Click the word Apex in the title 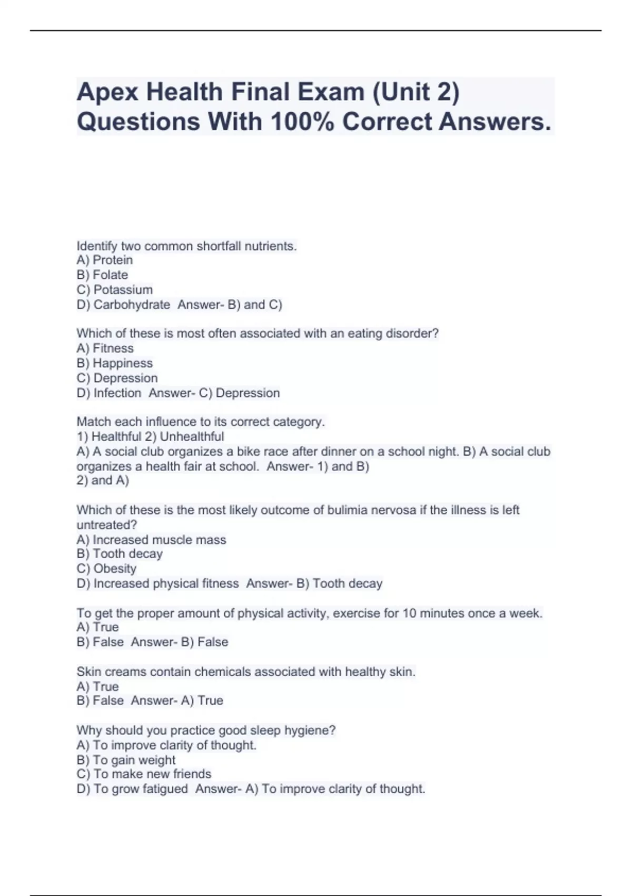[107, 93]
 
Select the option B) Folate [102, 275]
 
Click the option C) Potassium [114, 289]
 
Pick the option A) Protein [104, 260]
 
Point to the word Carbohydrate [132, 304]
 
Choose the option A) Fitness [105, 348]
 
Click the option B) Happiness [114, 363]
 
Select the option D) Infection [108, 393]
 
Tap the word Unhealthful [192, 436]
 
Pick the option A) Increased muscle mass [151, 540]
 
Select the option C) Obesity [106, 568]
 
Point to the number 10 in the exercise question [410, 613]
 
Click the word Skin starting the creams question [88, 671]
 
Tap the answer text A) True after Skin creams [202, 700]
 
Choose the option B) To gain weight [126, 759]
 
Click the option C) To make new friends [144, 774]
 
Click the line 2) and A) [103, 480]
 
